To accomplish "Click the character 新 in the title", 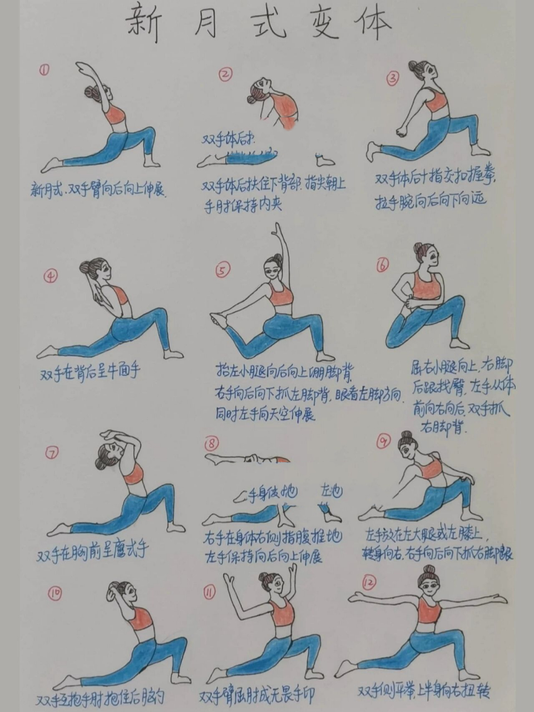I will [143, 24].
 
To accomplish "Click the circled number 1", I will [44, 70].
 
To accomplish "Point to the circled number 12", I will [369, 582].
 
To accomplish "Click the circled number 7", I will [51, 454].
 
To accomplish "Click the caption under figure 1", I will [98, 191].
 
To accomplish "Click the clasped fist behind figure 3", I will [401, 132].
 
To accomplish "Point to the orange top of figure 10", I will [141, 618].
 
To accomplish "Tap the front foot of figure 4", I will [173, 354].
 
